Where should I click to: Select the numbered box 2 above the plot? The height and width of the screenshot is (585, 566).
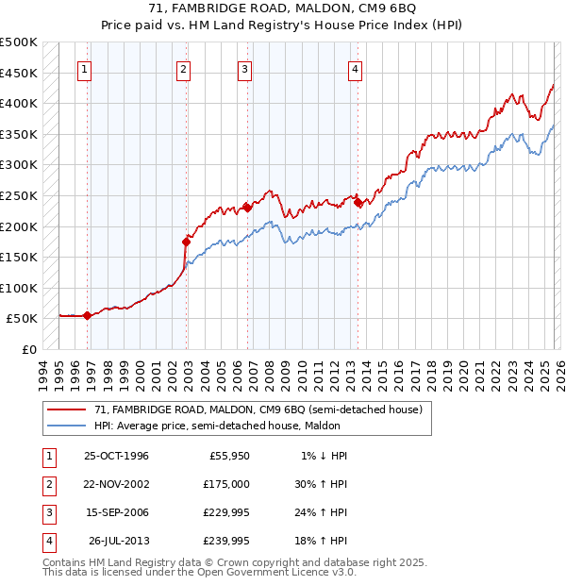tap(183, 68)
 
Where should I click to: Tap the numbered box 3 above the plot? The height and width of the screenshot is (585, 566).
tap(244, 68)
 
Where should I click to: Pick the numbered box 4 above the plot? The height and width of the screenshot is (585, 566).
tap(355, 68)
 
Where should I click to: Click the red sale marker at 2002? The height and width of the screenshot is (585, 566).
tap(186, 242)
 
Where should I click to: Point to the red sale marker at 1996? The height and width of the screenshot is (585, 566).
tap(87, 315)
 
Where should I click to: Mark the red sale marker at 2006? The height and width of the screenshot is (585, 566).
tap(247, 208)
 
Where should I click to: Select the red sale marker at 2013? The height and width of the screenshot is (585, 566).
tap(358, 202)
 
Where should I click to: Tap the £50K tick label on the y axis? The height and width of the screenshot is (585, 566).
tap(23, 319)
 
